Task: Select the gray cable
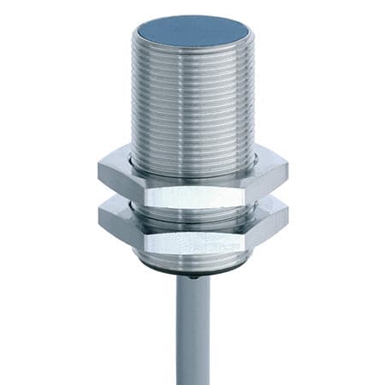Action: coord(193,334)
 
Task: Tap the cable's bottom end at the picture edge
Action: coord(193,382)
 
